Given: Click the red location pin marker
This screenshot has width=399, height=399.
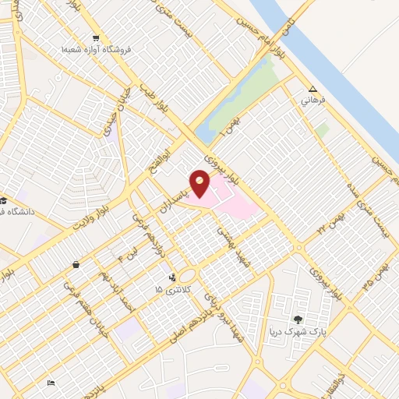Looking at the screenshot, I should click(x=200, y=185).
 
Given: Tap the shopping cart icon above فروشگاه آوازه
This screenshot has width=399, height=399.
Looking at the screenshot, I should click(x=96, y=38).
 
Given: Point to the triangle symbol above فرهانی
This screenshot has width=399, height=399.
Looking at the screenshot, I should click(x=312, y=89).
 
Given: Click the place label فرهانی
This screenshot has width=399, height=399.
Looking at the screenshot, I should click(x=312, y=101).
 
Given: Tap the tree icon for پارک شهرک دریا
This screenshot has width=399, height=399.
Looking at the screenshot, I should click(x=298, y=320).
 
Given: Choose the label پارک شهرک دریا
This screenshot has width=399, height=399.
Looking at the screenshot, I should click(x=296, y=332).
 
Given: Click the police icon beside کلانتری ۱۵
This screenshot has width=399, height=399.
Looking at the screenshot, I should click(x=171, y=277).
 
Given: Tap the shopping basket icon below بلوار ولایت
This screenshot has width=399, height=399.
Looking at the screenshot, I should click(x=75, y=265).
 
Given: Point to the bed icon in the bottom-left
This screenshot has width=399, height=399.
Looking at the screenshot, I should click(x=51, y=383).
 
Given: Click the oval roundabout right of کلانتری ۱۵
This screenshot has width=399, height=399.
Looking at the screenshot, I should click(x=187, y=276).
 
